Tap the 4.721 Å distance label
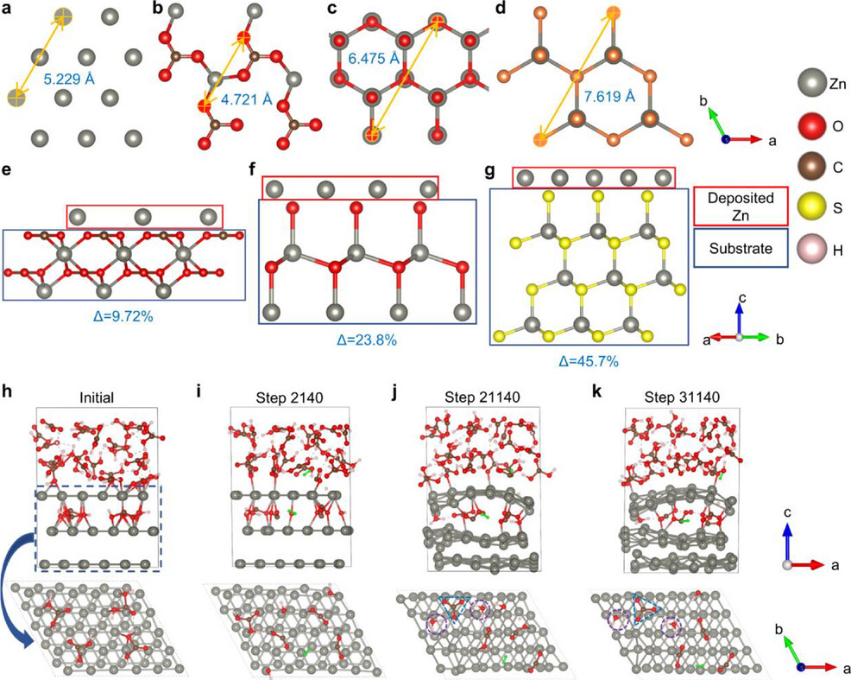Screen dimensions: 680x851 click(245, 99)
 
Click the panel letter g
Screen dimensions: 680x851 click(495, 172)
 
